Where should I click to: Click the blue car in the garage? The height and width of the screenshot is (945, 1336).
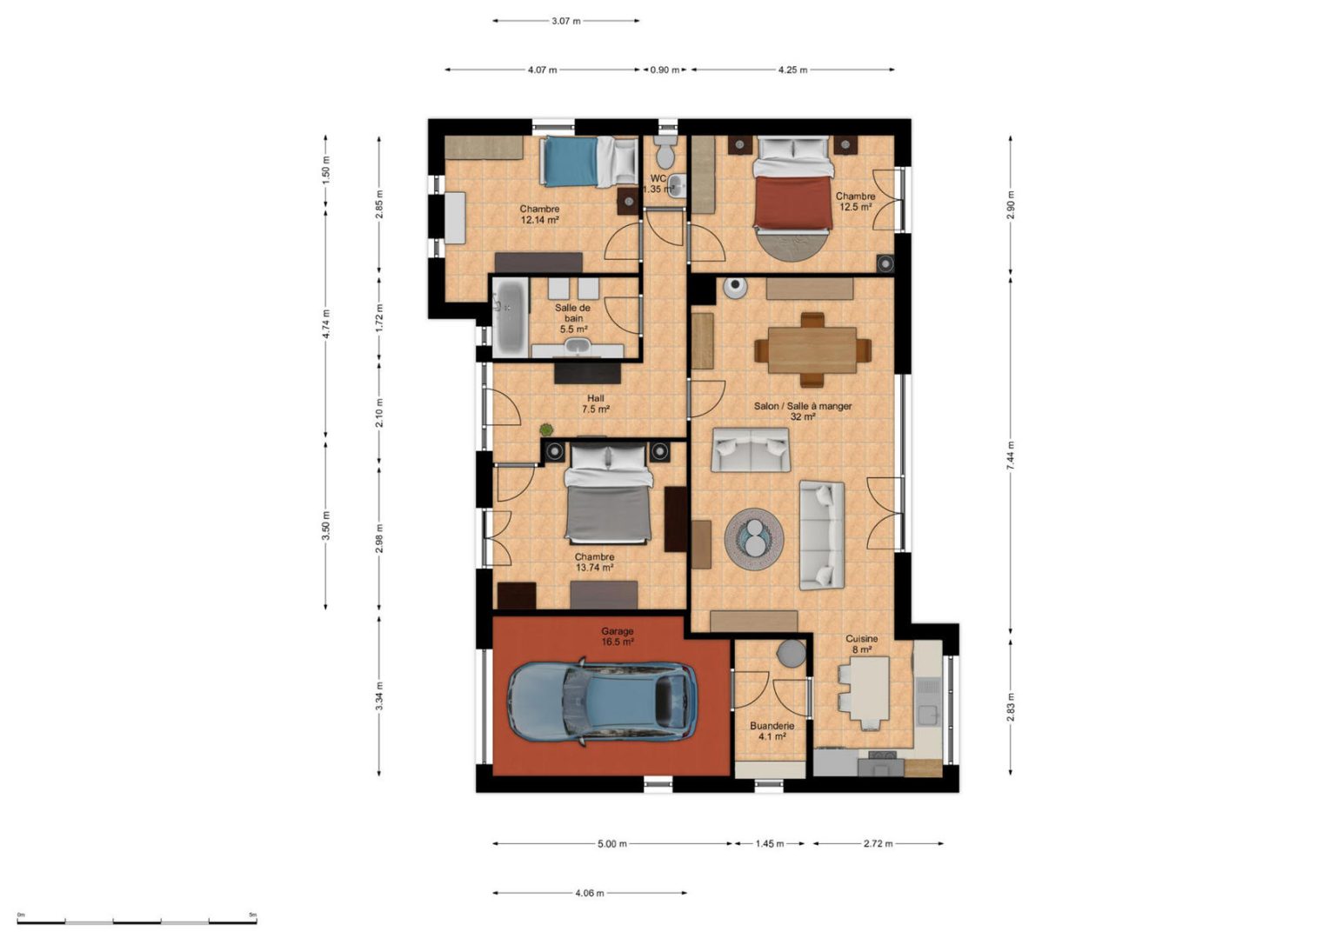click(x=603, y=702)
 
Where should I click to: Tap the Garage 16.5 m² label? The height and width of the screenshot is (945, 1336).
click(x=618, y=636)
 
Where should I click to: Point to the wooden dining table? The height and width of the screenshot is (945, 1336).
click(x=812, y=350)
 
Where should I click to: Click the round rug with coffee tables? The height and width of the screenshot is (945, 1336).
click(x=754, y=538)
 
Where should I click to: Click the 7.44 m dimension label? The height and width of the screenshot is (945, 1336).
click(x=1011, y=456)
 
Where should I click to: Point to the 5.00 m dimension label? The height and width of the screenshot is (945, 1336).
click(x=612, y=843)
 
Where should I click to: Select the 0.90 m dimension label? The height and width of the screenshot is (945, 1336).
click(x=665, y=70)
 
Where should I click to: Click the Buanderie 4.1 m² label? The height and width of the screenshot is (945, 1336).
click(x=772, y=731)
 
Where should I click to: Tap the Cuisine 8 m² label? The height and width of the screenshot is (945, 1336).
click(x=862, y=644)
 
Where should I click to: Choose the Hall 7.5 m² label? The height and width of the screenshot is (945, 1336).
click(x=595, y=403)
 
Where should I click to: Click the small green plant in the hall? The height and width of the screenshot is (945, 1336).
click(x=545, y=429)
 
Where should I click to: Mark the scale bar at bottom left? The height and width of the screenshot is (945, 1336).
click(x=137, y=922)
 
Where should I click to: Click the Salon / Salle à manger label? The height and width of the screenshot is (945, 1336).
click(x=803, y=406)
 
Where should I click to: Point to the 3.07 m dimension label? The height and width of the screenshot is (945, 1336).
click(x=566, y=21)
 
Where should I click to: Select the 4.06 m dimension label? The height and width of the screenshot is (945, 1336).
click(x=589, y=893)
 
